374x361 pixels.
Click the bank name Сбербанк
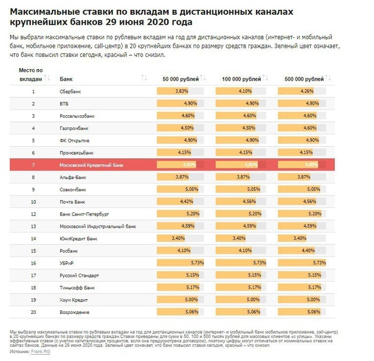point(69,92)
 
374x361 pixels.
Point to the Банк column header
point(65,79)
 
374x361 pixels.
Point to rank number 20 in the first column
point(33,311)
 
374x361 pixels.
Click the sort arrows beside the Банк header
point(144,78)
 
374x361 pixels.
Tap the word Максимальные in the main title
point(39,13)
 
